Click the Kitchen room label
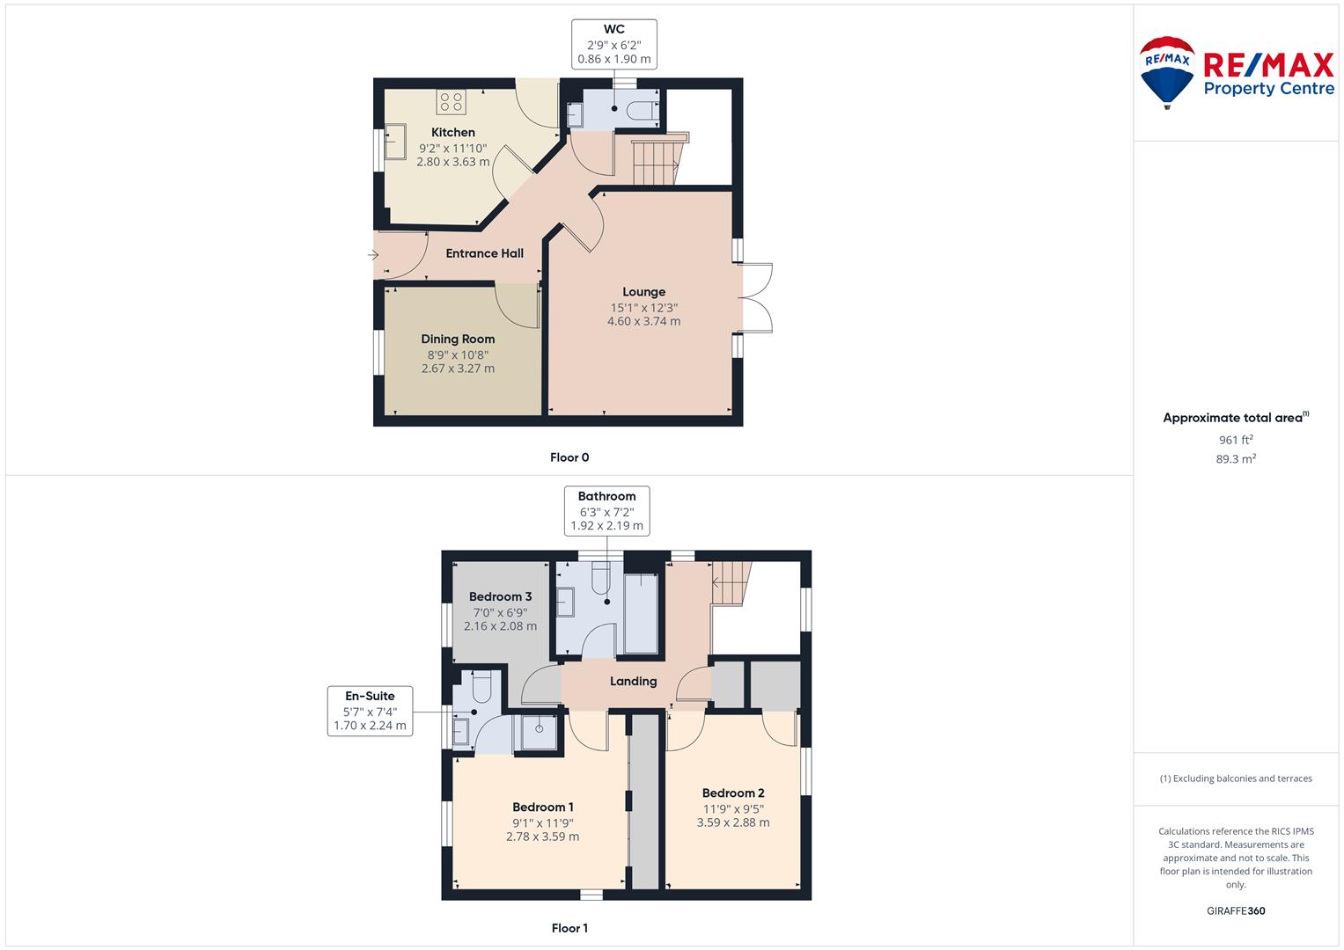pyautogui.click(x=453, y=133)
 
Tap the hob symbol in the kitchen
pyautogui.click(x=451, y=102)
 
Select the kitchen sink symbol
pyautogui.click(x=395, y=142)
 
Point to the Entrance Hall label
pyautogui.click(x=484, y=253)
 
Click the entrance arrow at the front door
pyautogui.click(x=373, y=255)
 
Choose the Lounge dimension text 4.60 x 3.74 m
pyautogui.click(x=643, y=321)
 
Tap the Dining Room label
pyautogui.click(x=458, y=340)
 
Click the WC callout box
pyautogui.click(x=613, y=44)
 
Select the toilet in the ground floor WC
pyautogui.click(x=642, y=110)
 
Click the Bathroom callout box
pyautogui.click(x=606, y=511)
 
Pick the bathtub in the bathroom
pyautogui.click(x=641, y=614)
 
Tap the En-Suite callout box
pyautogui.click(x=370, y=711)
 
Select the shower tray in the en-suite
pyautogui.click(x=538, y=732)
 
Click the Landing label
pyautogui.click(x=633, y=682)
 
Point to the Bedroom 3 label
pyautogui.click(x=500, y=596)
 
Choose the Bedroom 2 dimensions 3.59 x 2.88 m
pyautogui.click(x=732, y=822)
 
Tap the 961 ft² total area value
pyautogui.click(x=1236, y=440)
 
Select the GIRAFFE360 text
pyautogui.click(x=1236, y=911)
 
